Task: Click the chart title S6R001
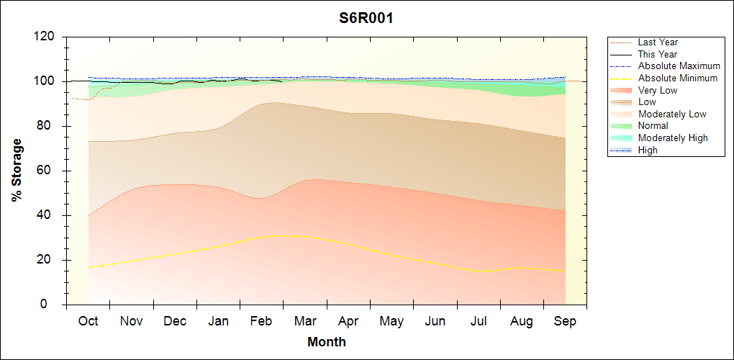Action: pyautogui.click(x=366, y=18)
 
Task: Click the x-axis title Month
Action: pyautogui.click(x=327, y=341)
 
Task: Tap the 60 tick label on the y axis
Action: pyautogui.click(x=49, y=171)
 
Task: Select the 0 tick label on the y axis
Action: pyautogui.click(x=53, y=305)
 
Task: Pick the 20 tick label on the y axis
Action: pyautogui.click(x=49, y=260)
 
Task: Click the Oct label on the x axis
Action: pyautogui.click(x=89, y=321)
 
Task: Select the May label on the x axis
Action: pyautogui.click(x=391, y=321)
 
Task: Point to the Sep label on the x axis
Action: pyautogui.click(x=565, y=321)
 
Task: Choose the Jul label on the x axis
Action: pyautogui.click(x=478, y=321)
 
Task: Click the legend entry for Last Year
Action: pyautogui.click(x=658, y=42)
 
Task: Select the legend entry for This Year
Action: pyautogui.click(x=658, y=54)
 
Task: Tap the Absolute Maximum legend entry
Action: pyautogui.click(x=679, y=66)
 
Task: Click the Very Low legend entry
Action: pyautogui.click(x=658, y=90)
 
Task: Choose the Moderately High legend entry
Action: pyautogui.click(x=673, y=138)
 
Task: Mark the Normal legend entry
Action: pyautogui.click(x=653, y=126)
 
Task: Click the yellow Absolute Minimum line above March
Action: pyautogui.click(x=305, y=237)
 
